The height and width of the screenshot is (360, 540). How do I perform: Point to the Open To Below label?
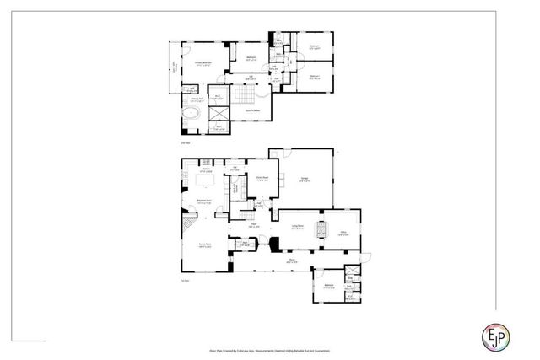pyautogui.click(x=251, y=110)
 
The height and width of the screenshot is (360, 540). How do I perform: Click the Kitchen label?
pyautogui.click(x=205, y=171)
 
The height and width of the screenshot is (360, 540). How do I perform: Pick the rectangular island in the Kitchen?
pyautogui.click(x=205, y=180)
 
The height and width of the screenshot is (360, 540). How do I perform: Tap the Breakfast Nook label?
pyautogui.click(x=203, y=201)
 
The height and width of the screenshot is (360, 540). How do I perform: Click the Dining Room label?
pyautogui.click(x=262, y=178)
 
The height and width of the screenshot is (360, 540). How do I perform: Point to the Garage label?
pyautogui.click(x=304, y=179)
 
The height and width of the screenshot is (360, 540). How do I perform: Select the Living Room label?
pyautogui.click(x=297, y=227)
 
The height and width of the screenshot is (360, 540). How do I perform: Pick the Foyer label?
pyautogui.click(x=253, y=224)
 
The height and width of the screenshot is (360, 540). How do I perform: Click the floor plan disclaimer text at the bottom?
pyautogui.click(x=269, y=348)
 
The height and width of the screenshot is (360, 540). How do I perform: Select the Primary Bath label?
pyautogui.click(x=197, y=99)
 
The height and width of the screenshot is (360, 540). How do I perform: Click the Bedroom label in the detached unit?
pyautogui.click(x=328, y=287)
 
